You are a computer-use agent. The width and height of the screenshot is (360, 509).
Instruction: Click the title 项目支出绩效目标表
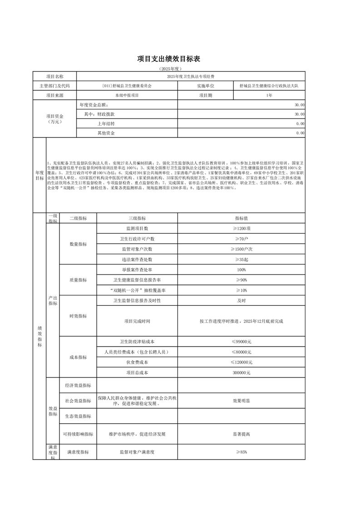[169, 59]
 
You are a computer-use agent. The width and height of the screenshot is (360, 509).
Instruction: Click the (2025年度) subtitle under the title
[169, 69]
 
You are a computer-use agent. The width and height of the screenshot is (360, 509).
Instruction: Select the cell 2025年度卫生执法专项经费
[191, 76]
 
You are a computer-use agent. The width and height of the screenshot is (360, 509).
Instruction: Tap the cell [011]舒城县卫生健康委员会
[127, 86]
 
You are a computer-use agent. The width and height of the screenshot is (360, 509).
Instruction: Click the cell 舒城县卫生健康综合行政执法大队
[269, 86]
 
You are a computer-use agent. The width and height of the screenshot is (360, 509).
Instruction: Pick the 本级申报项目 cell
[127, 95]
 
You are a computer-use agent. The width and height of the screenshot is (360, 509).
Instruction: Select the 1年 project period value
[269, 95]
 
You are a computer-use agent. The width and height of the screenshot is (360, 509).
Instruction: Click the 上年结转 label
[106, 123]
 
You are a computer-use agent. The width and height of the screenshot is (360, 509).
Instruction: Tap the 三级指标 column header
[137, 218]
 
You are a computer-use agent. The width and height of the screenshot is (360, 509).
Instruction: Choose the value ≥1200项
[241, 229]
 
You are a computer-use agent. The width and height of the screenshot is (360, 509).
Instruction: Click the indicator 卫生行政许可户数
[137, 239]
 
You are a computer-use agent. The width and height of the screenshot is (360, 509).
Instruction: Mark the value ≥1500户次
[241, 249]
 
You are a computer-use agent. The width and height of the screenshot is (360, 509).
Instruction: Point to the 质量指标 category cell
[78, 280]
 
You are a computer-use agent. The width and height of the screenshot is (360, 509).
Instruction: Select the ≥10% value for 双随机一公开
[241, 290]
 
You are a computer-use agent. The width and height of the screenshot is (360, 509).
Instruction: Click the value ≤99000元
[241, 342]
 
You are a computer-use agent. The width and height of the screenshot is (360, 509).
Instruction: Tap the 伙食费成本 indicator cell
[137, 362]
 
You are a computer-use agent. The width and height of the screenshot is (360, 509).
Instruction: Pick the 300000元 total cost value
[241, 372]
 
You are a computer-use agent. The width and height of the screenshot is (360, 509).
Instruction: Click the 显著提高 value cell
[241, 434]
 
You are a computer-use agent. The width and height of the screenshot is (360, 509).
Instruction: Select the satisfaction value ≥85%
[241, 452]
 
